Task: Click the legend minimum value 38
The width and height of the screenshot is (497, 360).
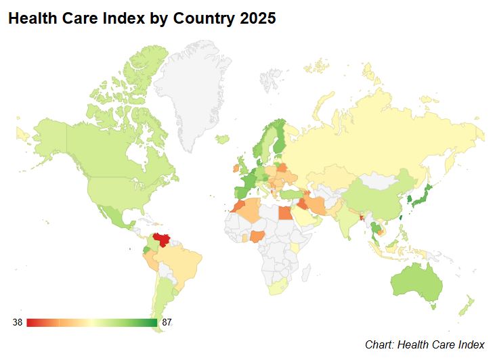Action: pyautogui.click(x=18, y=323)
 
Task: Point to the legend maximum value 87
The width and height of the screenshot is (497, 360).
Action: pyautogui.click(x=167, y=323)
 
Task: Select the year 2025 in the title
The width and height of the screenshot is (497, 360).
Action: pyautogui.click(x=257, y=19)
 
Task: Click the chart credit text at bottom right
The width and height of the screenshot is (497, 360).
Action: pyautogui.click(x=425, y=345)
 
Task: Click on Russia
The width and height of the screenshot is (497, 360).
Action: pyautogui.click(x=379, y=135)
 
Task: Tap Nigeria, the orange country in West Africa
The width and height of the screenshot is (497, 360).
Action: pyautogui.click(x=259, y=238)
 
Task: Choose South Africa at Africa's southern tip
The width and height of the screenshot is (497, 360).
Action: pyautogui.click(x=278, y=288)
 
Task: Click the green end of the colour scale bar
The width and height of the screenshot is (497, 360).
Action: pyautogui.click(x=152, y=323)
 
